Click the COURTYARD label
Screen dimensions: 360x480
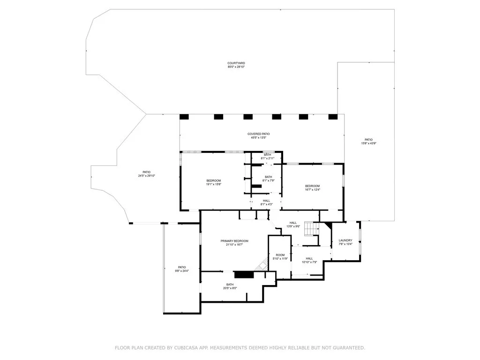(236, 63)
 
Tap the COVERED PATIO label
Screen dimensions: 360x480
(259, 134)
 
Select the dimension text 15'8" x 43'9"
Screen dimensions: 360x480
(368, 143)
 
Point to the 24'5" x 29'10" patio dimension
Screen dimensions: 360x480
(146, 176)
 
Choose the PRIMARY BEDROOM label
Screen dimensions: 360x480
(234, 240)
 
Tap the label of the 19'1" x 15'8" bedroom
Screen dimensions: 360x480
(213, 180)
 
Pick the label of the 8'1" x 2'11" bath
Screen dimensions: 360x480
(267, 155)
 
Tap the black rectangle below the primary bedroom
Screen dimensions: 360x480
(243, 275)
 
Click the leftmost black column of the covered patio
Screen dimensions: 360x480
(184, 117)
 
